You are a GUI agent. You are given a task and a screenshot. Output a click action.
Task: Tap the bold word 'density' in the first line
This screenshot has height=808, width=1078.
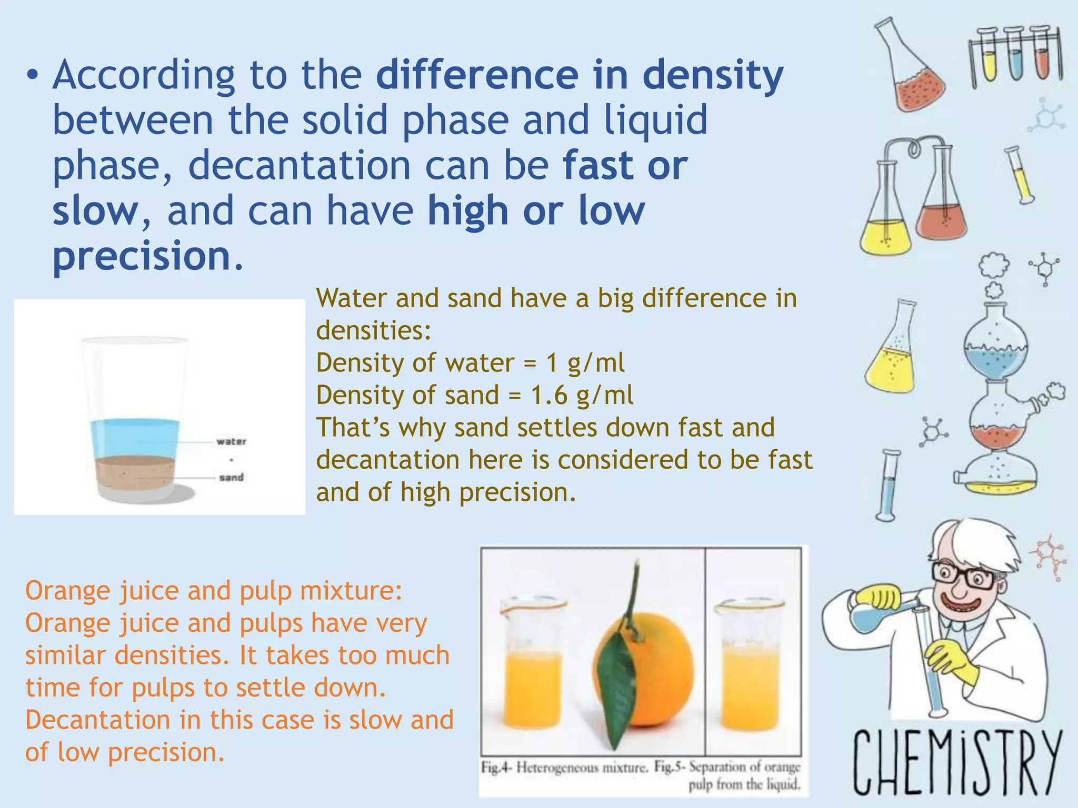point(713,75)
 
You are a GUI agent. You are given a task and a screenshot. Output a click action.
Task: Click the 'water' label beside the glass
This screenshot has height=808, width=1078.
point(231,441)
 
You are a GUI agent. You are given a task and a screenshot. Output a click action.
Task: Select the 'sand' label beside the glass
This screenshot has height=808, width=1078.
point(231,477)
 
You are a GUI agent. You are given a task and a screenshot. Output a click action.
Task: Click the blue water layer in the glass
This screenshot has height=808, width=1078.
point(135,438)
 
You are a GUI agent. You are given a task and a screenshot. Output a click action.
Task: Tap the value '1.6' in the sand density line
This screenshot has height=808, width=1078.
point(549,395)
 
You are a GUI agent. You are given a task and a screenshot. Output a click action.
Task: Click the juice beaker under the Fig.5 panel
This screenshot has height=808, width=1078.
point(750,679)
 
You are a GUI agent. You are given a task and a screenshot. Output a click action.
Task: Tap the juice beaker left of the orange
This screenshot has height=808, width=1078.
point(533,679)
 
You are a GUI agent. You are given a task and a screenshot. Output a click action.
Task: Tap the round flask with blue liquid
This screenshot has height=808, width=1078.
point(995,347)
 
